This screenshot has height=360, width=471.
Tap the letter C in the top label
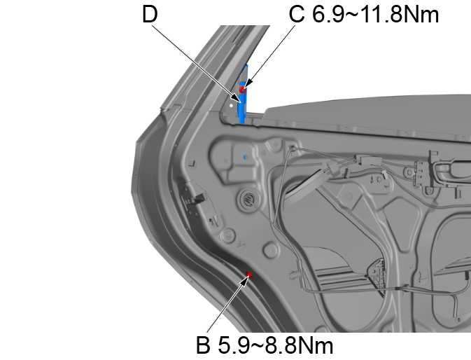pyautogui.click(x=297, y=15)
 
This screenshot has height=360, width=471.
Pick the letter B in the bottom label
pyautogui.click(x=203, y=345)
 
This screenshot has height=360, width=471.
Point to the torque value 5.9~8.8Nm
pyautogui.click(x=274, y=345)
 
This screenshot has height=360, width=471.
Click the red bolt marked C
pyautogui.click(x=243, y=89)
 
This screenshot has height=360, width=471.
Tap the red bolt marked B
pyautogui.click(x=248, y=275)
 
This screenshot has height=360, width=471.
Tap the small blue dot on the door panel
pyautogui.click(x=244, y=158)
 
